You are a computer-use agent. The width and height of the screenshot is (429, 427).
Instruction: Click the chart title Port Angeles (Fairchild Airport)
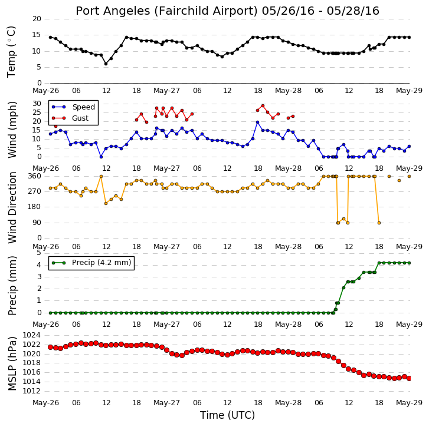(166, 11)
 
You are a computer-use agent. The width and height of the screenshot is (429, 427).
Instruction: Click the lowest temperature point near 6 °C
(106, 64)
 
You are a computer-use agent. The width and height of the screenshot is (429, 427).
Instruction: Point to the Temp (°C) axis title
(11, 52)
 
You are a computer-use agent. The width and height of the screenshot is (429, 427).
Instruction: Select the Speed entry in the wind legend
(73, 107)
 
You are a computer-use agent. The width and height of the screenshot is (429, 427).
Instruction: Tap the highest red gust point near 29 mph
(263, 105)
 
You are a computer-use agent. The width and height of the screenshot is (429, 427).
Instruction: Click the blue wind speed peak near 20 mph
(257, 123)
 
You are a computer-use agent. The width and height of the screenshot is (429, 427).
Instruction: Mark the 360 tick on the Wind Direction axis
(34, 176)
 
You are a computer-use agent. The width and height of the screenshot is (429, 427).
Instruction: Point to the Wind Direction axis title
(12, 207)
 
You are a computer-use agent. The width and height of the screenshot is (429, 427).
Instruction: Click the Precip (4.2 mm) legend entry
(91, 263)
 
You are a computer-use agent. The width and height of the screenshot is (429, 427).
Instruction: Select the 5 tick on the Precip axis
(38, 253)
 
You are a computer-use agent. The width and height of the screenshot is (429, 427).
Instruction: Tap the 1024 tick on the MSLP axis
(31, 335)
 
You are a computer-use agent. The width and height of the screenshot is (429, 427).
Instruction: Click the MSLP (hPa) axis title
(12, 363)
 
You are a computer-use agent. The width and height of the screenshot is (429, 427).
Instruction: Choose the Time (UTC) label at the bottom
(227, 415)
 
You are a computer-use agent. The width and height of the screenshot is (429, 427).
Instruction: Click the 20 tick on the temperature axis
(37, 19)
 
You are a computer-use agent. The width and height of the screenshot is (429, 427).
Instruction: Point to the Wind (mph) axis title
(12, 130)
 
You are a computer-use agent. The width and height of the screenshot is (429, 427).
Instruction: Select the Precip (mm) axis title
(12, 286)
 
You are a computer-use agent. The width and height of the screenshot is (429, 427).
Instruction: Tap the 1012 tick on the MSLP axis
(31, 391)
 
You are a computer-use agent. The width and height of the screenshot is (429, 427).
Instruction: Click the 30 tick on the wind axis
(37, 104)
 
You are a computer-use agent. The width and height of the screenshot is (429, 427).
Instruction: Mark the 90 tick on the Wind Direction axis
(37, 223)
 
